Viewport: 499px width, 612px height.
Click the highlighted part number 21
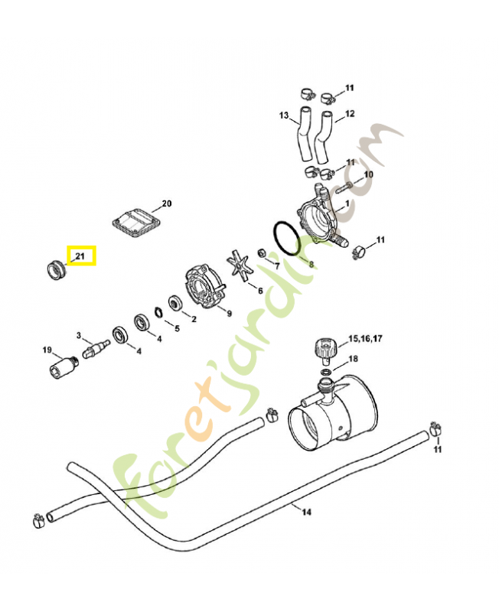pos(81,256)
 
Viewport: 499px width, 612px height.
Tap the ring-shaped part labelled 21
pos(56,269)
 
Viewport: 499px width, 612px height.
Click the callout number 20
pos(167,204)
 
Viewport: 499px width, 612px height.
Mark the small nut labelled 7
pos(263,254)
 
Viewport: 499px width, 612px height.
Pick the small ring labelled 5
pos(160,311)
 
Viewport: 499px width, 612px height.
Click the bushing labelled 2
pos(175,304)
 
